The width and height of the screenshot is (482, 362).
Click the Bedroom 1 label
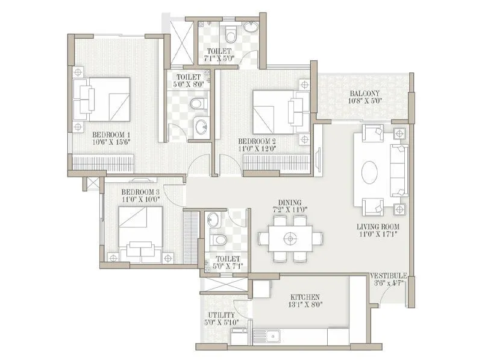(111, 134)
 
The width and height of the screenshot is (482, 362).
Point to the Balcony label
(364, 94)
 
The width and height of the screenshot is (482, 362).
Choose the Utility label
(217, 314)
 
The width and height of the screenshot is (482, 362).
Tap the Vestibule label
(388, 276)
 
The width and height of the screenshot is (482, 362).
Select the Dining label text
(290, 203)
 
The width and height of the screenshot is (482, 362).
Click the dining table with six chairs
(290, 238)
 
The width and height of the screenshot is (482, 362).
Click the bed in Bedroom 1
(104, 99)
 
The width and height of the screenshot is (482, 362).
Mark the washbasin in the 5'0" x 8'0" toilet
(201, 127)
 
